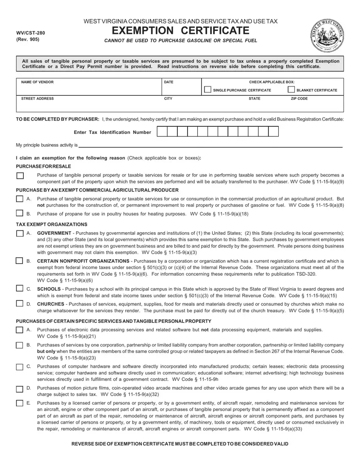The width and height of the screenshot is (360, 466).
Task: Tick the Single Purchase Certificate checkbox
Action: click(208, 90)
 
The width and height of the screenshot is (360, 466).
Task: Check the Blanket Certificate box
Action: click(291, 90)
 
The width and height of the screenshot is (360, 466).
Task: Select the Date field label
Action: click(169, 82)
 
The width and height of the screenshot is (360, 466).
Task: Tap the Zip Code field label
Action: click(299, 98)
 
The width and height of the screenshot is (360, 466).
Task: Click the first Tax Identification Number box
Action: click(162, 132)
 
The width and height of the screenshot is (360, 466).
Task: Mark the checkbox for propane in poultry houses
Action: click(20, 213)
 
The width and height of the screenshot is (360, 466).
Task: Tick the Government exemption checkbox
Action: click(20, 233)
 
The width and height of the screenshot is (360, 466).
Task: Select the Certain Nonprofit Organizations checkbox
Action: click(20, 261)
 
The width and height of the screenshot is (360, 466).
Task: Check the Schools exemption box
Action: click(20, 289)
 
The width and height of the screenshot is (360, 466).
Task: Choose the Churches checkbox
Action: click(20, 304)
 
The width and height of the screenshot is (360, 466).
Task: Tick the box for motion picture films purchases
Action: click(20, 388)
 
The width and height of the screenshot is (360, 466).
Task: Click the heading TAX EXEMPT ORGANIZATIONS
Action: click(51, 224)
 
